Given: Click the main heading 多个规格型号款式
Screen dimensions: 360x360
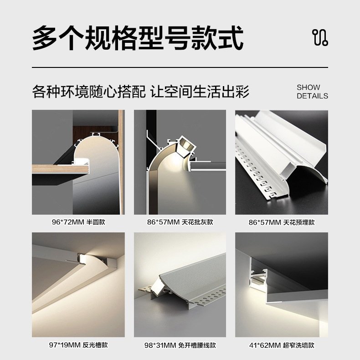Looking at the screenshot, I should tap(137, 38).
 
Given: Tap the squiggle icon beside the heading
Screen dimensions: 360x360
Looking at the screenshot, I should tap(320, 38).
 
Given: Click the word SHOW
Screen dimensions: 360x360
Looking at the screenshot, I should tap(309, 87).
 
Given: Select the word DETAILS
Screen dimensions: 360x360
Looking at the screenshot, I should tap(312, 96).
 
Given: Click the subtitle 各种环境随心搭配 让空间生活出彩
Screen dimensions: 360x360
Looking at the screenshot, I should tap(141, 91).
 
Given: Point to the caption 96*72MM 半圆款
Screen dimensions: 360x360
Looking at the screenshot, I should tap(78, 222).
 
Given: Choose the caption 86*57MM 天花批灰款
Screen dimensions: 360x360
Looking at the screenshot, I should tap(180, 222).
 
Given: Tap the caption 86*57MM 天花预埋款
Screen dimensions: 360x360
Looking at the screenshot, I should tap(282, 222).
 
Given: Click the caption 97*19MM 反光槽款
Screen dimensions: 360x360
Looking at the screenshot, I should tap(78, 345).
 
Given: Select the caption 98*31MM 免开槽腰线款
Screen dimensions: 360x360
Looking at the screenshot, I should tap(180, 345).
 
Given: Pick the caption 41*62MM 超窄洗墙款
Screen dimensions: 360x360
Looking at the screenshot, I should tap(282, 345).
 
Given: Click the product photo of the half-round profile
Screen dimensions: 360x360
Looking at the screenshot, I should tap(78, 162).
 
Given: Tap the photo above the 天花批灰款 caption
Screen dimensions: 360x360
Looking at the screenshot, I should tap(180, 162).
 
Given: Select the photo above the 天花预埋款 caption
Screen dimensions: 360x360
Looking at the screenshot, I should tap(282, 162).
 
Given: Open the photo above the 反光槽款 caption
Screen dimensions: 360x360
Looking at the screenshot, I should tap(78, 285).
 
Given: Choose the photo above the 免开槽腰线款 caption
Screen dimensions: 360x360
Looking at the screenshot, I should tap(180, 285).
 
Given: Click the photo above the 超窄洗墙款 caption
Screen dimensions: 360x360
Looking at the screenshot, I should tap(282, 285).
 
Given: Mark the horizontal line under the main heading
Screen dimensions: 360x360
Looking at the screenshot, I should tap(180, 67).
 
